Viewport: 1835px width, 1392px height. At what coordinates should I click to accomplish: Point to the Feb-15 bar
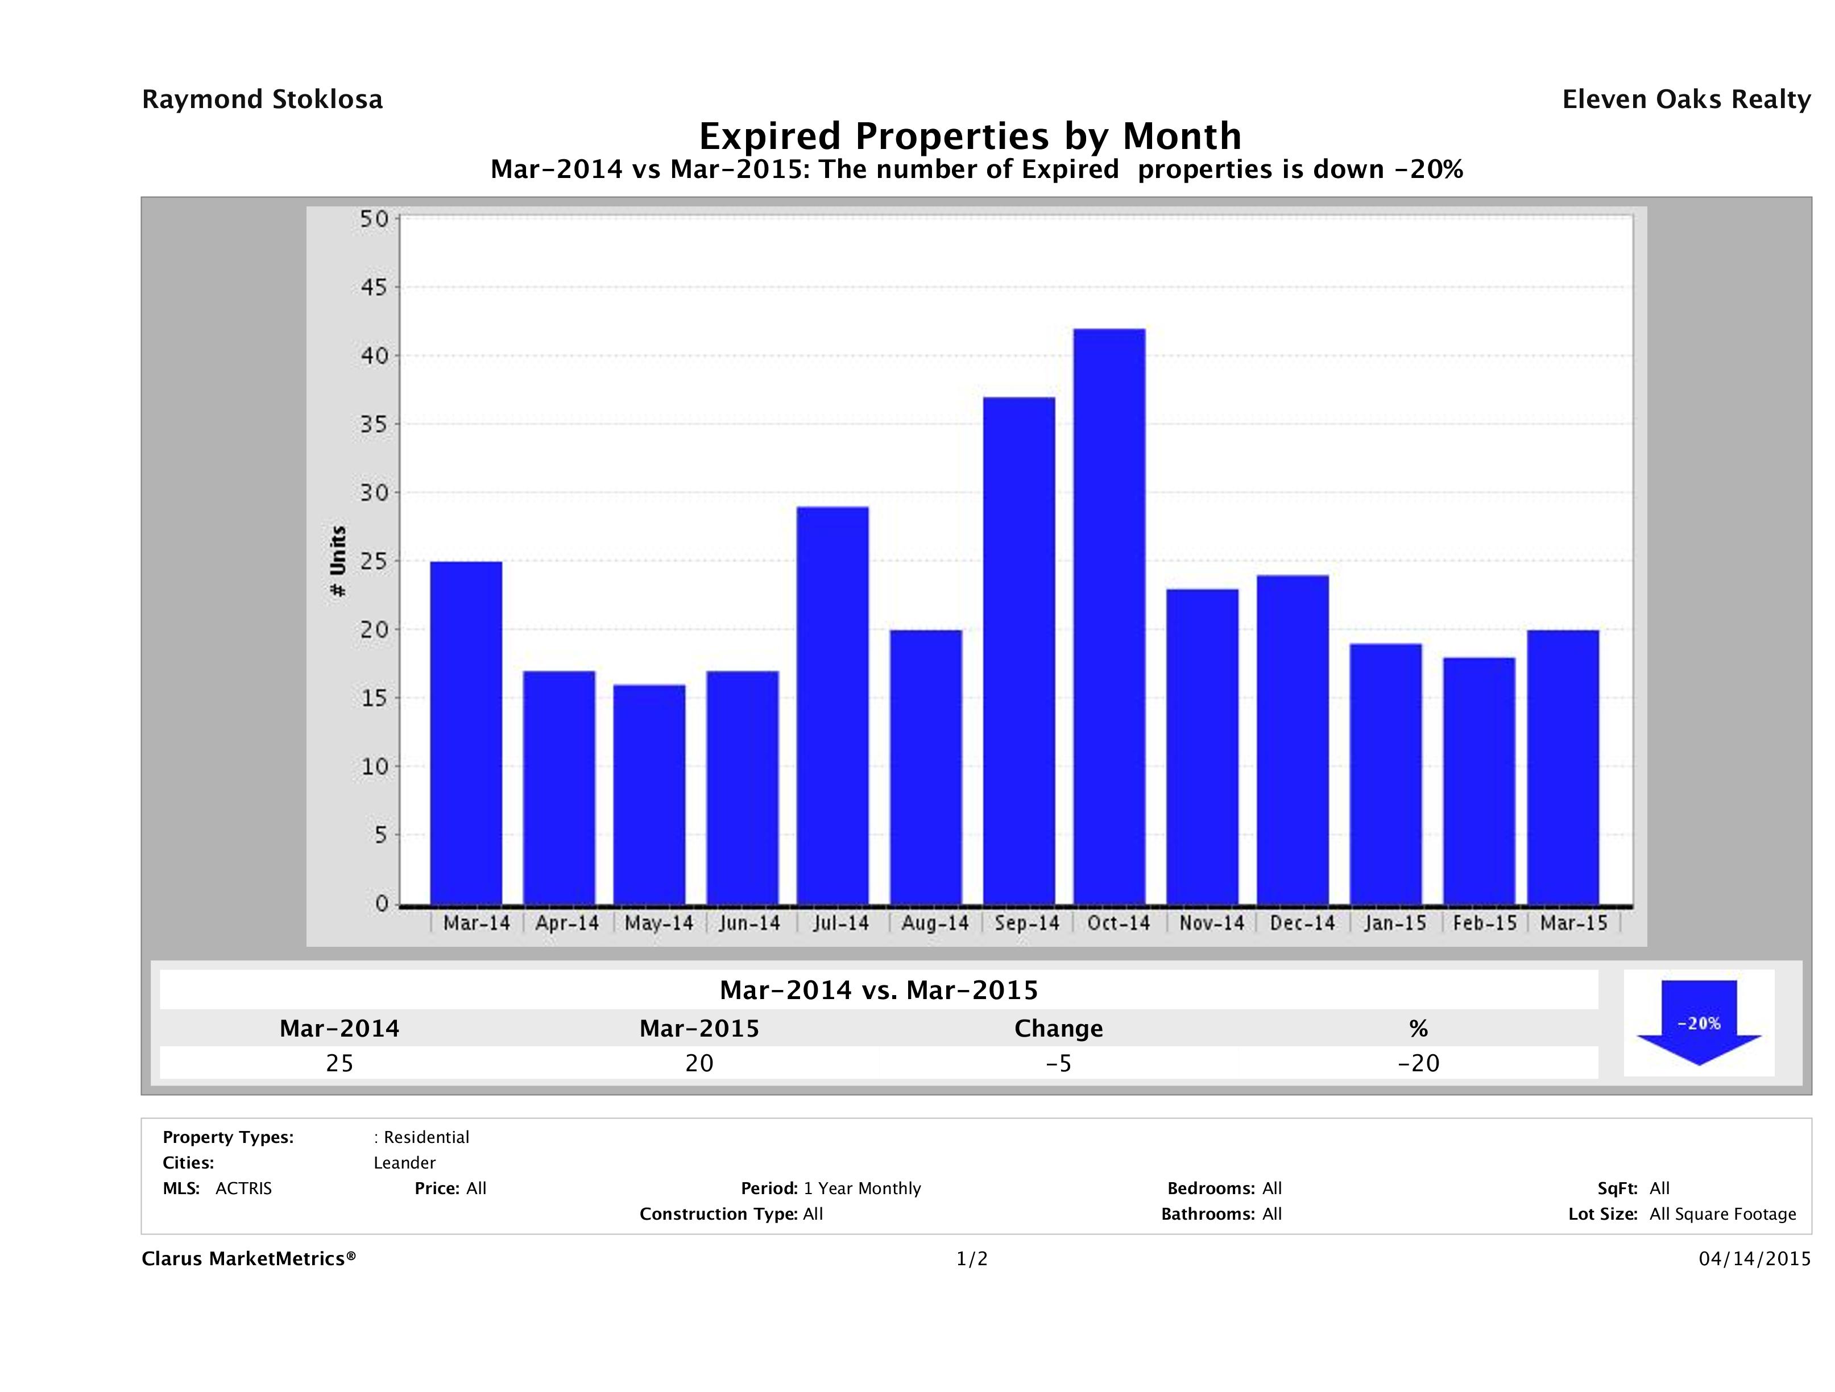click(1479, 781)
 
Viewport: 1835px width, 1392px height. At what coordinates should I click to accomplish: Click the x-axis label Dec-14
click(1302, 923)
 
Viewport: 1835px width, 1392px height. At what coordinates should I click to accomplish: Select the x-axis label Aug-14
click(935, 923)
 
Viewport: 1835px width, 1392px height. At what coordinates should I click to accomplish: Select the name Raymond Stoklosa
click(262, 100)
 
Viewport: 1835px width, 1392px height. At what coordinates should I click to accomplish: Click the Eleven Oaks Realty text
click(1685, 100)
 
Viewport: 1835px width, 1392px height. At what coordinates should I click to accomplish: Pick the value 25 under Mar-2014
click(339, 1063)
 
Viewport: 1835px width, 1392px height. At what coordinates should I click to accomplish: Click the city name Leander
click(404, 1163)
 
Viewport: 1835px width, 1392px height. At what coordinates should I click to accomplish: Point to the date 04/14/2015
click(1754, 1260)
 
